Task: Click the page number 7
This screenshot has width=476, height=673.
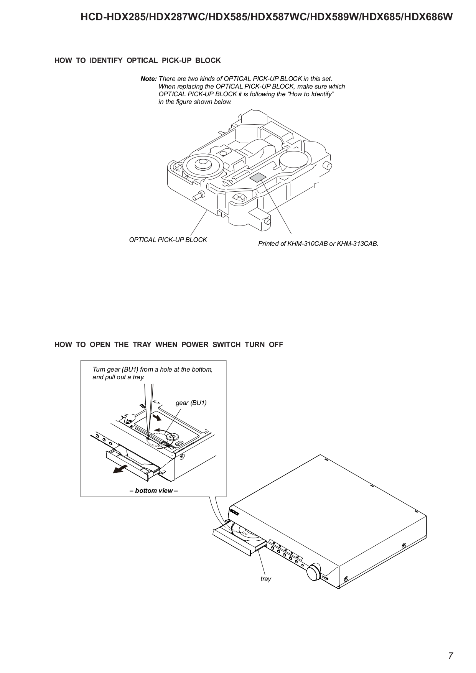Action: pos(450,656)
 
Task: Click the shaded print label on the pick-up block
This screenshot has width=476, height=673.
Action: pos(257,177)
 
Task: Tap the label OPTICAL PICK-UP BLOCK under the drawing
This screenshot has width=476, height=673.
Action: pos(168,240)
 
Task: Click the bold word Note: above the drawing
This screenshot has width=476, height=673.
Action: pos(148,79)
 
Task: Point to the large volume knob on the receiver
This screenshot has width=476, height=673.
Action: pos(313,572)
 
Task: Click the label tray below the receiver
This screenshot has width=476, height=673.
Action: pos(265,579)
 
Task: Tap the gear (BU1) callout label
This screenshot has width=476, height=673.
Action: pos(191,403)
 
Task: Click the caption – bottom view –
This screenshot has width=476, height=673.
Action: pos(154,490)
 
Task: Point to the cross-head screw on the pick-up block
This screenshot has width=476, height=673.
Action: pos(239,197)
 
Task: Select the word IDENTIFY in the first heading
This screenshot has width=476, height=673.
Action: pos(106,60)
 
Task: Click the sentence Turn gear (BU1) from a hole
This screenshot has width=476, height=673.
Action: pos(152,369)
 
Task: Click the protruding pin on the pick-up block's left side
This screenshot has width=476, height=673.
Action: pos(198,195)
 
